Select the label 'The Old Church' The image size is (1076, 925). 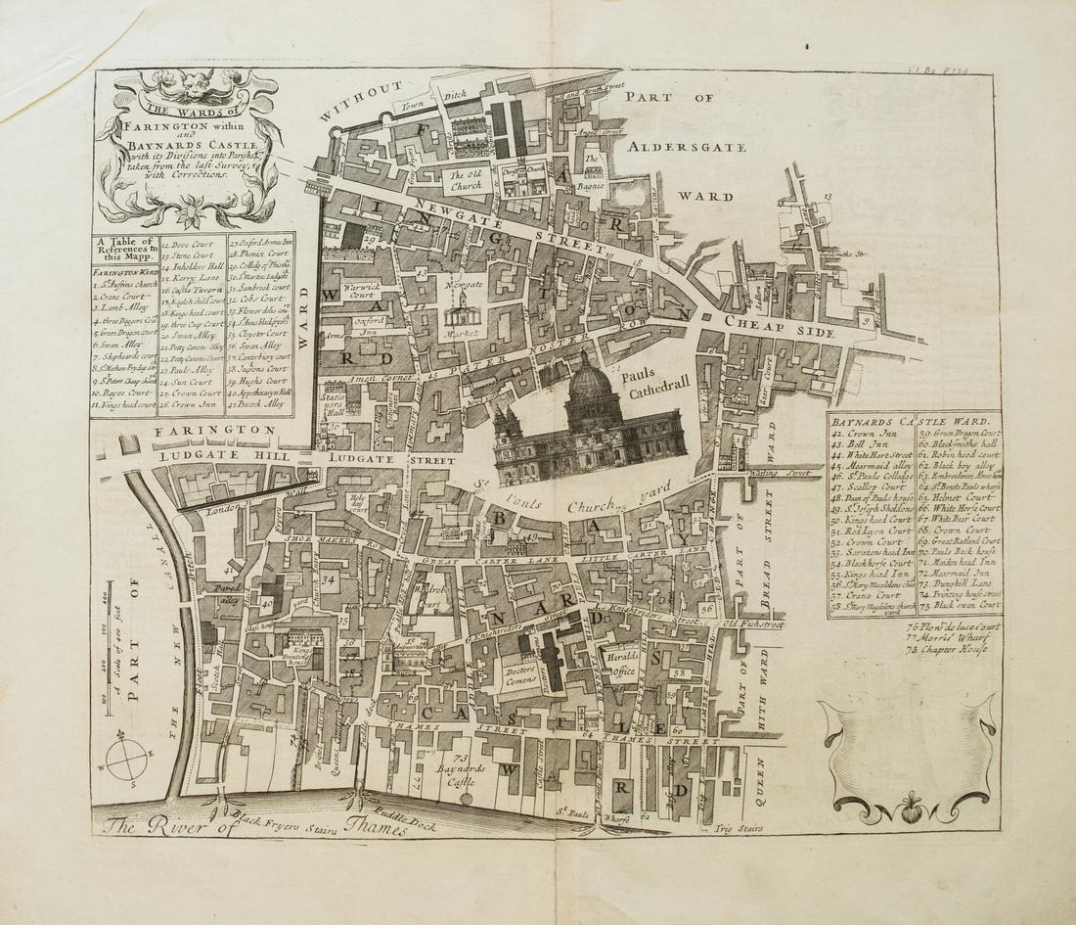[x=466, y=181]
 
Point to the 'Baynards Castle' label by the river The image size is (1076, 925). [x=462, y=775]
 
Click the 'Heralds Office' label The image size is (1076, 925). [x=624, y=663]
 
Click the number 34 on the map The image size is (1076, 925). [x=329, y=579]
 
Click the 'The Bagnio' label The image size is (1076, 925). [x=592, y=168]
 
